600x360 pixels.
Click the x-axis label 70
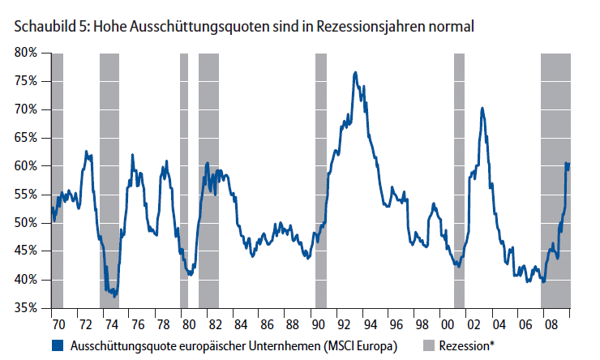point(57,324)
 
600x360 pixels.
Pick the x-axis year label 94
point(368,324)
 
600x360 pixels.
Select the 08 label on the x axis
point(550,324)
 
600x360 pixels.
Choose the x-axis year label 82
point(212,324)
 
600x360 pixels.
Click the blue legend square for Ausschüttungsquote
point(57,345)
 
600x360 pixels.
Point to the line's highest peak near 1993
point(355,73)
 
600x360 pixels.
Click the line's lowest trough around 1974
point(114,296)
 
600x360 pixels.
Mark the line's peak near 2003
point(482,108)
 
